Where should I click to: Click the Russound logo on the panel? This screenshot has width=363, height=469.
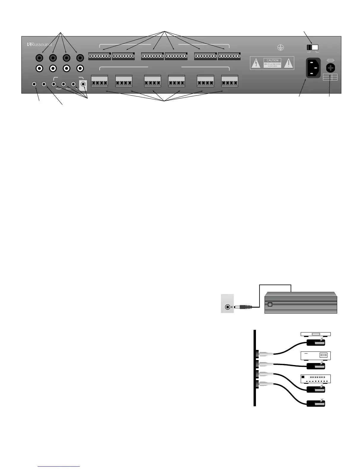39,45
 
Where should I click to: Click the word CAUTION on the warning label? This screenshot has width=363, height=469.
272,60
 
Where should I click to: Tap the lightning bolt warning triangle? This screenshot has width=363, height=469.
256,63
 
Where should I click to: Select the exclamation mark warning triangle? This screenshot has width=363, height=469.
288,63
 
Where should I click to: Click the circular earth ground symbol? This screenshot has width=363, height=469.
280,47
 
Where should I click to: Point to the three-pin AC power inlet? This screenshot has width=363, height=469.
313,68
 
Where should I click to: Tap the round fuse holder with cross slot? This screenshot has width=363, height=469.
330,68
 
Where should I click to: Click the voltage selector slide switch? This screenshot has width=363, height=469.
312,47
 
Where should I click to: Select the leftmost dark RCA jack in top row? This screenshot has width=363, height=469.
39,58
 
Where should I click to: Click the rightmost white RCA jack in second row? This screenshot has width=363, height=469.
80,69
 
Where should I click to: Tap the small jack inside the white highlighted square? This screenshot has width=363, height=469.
83,84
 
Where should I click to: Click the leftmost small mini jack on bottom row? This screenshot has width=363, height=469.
34,84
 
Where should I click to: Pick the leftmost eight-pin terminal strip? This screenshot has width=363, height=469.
100,56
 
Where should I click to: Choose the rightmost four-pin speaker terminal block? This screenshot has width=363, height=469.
230,81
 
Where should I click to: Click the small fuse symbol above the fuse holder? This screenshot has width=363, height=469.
330,60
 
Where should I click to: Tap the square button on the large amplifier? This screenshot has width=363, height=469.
270,304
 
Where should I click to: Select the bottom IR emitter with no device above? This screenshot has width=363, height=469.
316,403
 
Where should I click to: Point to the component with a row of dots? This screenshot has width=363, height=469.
316,379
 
